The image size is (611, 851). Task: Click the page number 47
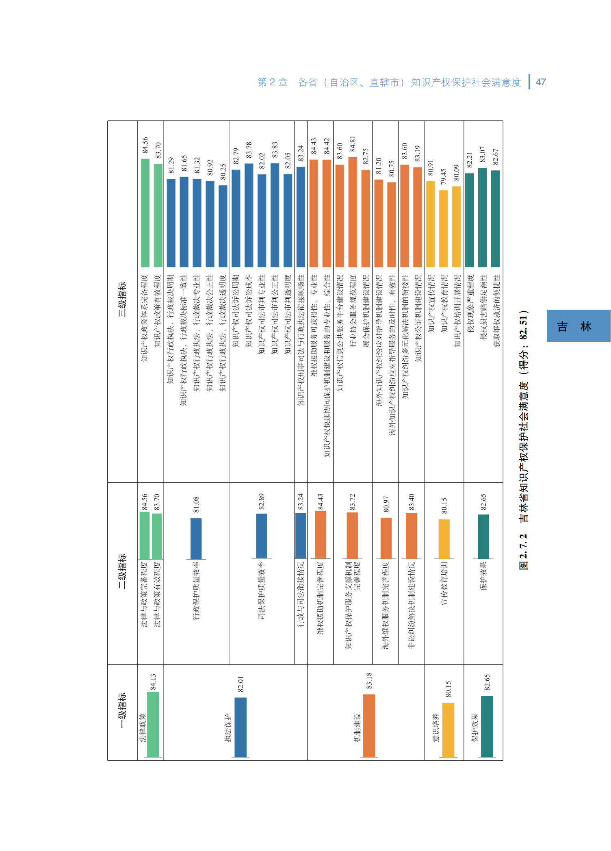(541, 82)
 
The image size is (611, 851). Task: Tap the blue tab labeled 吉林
(578, 326)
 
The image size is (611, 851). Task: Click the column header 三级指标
(122, 300)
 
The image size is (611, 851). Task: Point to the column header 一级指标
(122, 710)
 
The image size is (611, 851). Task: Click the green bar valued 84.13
(153, 724)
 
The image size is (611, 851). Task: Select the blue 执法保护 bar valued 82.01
(240, 727)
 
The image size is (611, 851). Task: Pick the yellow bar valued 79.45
(444, 228)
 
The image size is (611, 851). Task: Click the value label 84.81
(353, 144)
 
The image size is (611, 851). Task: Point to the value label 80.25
(223, 172)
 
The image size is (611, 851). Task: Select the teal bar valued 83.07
(483, 217)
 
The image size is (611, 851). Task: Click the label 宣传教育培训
(444, 583)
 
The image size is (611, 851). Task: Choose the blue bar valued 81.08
(196, 538)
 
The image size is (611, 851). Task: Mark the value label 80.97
(386, 504)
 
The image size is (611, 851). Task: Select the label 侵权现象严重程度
(470, 303)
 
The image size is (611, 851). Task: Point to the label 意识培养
(435, 727)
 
